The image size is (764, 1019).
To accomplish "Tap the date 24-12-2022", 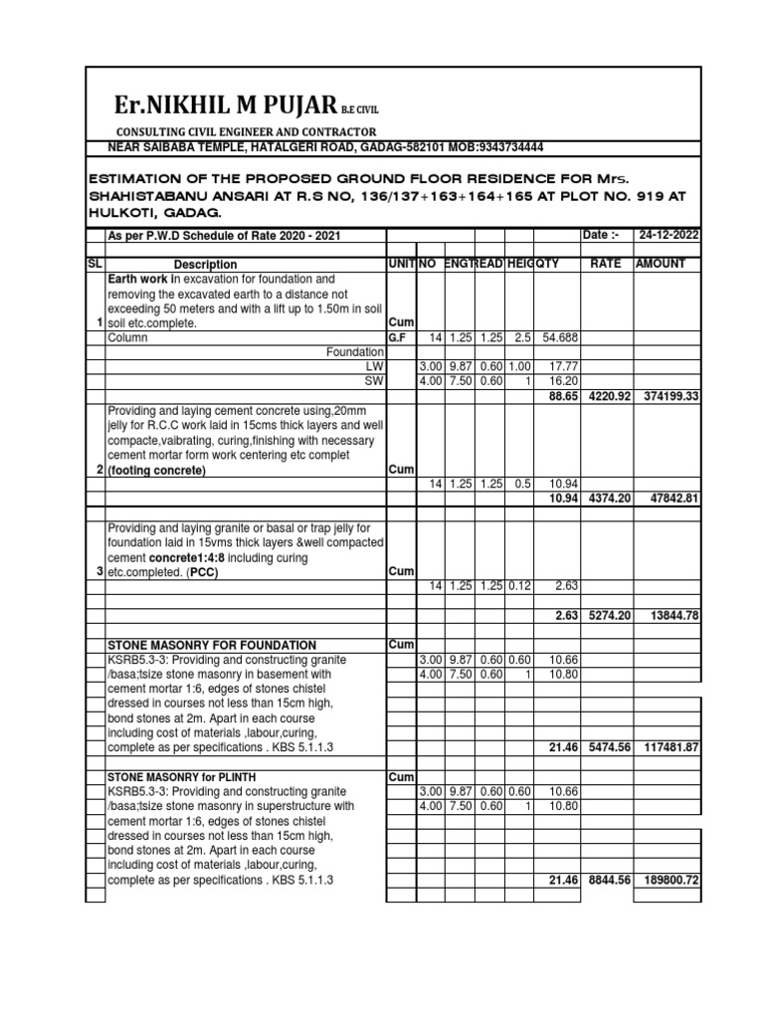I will [x=667, y=234].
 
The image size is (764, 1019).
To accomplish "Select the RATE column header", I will [x=606, y=265].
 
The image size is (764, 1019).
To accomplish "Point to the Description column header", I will [x=205, y=265].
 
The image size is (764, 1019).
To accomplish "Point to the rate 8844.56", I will [x=606, y=881].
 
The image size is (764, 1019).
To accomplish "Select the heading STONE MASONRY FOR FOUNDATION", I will [x=211, y=646].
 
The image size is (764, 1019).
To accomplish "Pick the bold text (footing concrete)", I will [x=159, y=471].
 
